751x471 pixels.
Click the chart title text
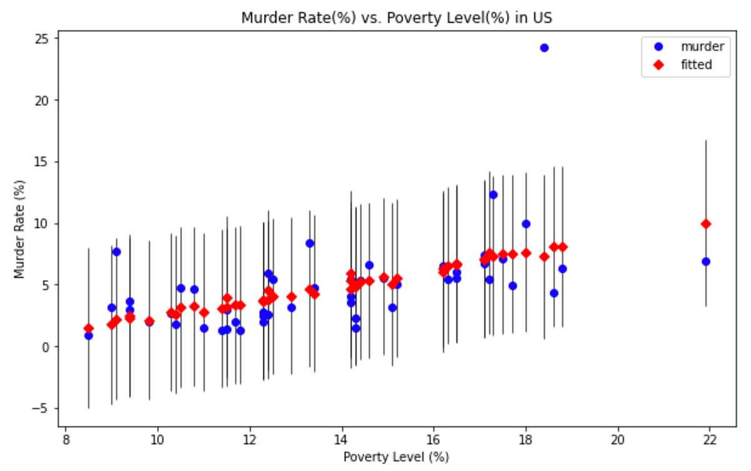tap(397, 18)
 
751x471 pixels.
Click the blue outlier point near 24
tap(544, 48)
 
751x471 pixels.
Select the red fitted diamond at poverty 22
tap(706, 224)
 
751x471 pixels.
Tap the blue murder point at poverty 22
tap(706, 261)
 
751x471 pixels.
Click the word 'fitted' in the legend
tap(696, 64)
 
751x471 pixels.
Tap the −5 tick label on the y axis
tap(45, 408)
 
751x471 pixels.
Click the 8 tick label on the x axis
tap(66, 439)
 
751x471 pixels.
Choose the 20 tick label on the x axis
tap(618, 439)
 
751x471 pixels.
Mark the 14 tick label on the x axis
tap(342, 439)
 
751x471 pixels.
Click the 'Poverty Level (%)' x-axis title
tap(396, 457)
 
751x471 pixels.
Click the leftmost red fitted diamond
tap(88, 328)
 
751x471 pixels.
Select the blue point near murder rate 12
tap(493, 195)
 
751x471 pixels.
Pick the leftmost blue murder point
tap(88, 336)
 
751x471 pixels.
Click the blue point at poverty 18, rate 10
tap(526, 224)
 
